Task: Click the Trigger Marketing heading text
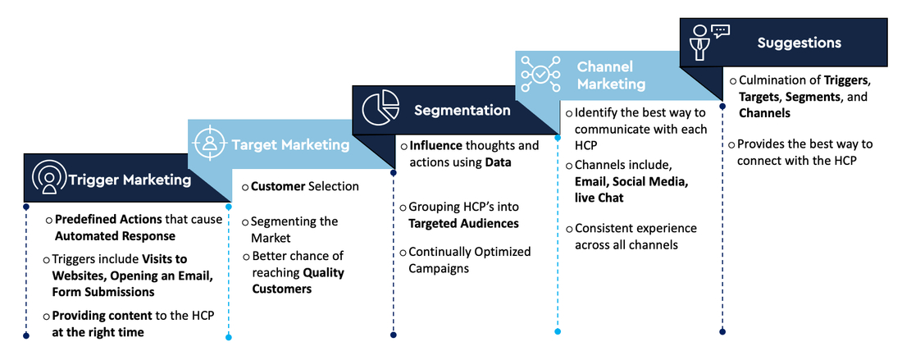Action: point(130,180)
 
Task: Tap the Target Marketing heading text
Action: point(290,145)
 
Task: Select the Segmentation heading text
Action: point(462,110)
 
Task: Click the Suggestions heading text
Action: point(799,43)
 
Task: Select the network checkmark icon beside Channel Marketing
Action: point(540,74)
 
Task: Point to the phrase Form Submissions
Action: point(103,292)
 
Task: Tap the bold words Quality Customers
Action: point(298,280)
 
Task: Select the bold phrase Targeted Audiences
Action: point(463,223)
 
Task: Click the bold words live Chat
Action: point(599,198)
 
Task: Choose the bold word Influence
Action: point(435,145)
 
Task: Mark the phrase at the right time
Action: point(98,332)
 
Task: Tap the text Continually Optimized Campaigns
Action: point(470,260)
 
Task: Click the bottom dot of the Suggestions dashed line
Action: point(722,331)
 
